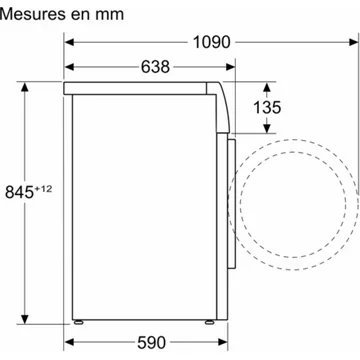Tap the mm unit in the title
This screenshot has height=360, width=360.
coord(97,14)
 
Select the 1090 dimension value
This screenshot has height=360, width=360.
coord(207,42)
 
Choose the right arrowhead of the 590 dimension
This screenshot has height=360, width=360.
coord(225,342)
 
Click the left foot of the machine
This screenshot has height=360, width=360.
coord(80,323)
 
